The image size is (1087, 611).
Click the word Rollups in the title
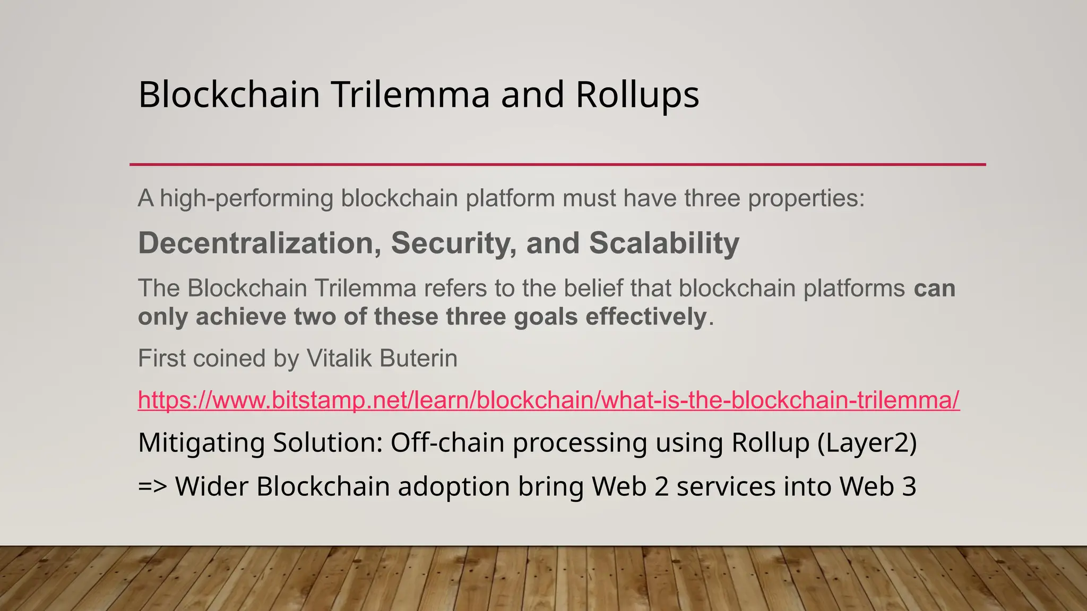(637, 95)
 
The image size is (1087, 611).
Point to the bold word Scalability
(664, 243)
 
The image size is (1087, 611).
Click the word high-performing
(247, 198)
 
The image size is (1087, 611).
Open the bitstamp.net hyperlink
(548, 400)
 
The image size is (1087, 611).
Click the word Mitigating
(201, 443)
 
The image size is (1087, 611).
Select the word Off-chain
(447, 443)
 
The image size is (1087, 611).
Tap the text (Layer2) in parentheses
(867, 443)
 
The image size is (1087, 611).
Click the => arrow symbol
(152, 486)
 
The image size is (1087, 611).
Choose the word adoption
(454, 487)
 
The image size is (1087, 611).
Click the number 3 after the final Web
(909, 486)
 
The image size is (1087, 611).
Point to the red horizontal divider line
(557, 164)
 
